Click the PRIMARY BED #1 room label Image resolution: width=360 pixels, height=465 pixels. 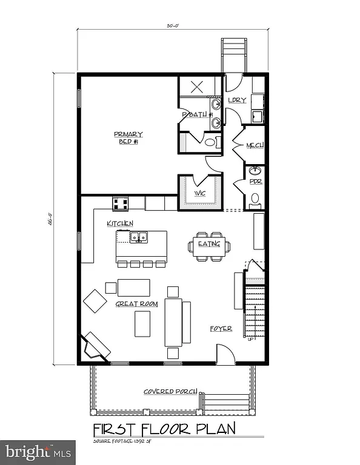[x=128, y=137]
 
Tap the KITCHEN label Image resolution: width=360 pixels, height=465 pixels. [x=119, y=223]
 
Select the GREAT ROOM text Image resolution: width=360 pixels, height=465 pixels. [x=136, y=303]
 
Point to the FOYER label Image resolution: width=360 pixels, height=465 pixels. [x=221, y=328]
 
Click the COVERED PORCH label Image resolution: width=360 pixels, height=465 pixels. [x=170, y=391]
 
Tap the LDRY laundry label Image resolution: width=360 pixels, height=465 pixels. [x=237, y=100]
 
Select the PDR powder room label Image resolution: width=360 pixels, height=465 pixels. [x=255, y=181]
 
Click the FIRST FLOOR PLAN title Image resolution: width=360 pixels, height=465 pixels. [x=162, y=430]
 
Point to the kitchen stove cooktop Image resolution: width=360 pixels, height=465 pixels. [x=119, y=202]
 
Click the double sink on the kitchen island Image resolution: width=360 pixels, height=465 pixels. [x=139, y=237]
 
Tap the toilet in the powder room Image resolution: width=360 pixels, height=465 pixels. [x=255, y=199]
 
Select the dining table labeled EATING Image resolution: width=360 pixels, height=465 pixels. [x=209, y=244]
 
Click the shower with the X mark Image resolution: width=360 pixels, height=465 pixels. [x=196, y=86]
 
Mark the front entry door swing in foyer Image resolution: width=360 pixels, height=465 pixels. [x=225, y=354]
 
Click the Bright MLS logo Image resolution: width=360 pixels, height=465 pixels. [x=38, y=451]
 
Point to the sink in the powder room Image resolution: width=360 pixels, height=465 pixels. [x=255, y=171]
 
